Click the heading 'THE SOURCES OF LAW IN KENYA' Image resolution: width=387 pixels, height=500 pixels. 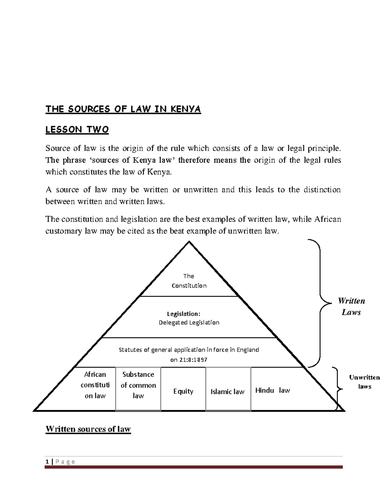pyautogui.click(x=123, y=109)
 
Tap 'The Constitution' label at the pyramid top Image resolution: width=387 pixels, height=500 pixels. pyautogui.click(x=189, y=281)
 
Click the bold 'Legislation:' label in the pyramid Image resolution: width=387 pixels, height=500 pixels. pyautogui.click(x=184, y=314)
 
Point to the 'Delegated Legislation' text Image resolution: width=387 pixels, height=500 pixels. pyautogui.click(x=189, y=323)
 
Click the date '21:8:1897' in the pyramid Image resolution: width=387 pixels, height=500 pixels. pyautogui.click(x=193, y=360)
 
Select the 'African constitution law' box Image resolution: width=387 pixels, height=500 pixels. pyautogui.click(x=95, y=385)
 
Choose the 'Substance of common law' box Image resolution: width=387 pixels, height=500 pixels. pyautogui.click(x=138, y=385)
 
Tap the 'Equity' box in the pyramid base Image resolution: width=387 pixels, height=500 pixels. pyautogui.click(x=183, y=391)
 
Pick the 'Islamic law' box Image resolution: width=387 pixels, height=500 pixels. pyautogui.click(x=228, y=392)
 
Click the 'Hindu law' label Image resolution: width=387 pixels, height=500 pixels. pyautogui.click(x=273, y=390)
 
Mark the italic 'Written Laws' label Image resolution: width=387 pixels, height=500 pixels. pyautogui.click(x=351, y=307)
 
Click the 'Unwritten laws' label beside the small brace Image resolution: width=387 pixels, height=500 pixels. pyautogui.click(x=364, y=382)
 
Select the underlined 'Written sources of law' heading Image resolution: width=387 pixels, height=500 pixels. pyautogui.click(x=88, y=429)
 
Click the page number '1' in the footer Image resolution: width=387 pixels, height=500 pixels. pyautogui.click(x=47, y=461)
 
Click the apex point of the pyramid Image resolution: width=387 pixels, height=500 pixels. pyautogui.click(x=189, y=242)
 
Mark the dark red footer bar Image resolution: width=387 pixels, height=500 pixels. pyautogui.click(x=193, y=467)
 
